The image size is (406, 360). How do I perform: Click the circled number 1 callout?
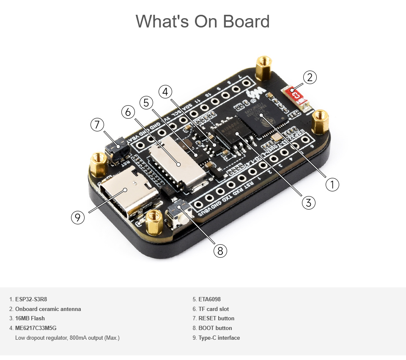[332, 184]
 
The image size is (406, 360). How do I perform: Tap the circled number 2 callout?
[310, 77]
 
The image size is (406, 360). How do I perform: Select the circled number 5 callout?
[146, 102]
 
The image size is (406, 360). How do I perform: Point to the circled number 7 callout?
[97, 125]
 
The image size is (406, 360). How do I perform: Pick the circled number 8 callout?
[220, 251]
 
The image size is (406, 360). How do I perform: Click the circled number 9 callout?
[77, 217]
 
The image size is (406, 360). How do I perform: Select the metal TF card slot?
[176, 163]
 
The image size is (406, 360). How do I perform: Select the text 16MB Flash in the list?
[30, 318]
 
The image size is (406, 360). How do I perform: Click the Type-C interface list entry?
[219, 338]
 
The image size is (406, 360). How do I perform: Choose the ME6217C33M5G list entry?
[36, 328]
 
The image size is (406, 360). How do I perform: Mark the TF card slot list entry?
[214, 309]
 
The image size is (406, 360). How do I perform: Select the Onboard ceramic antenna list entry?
[48, 309]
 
